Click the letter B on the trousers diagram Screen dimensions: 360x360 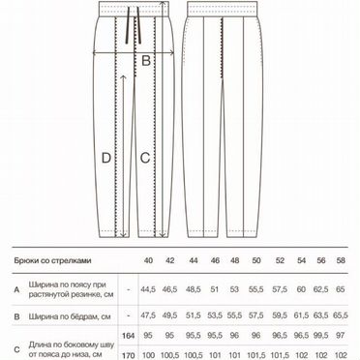[146, 60]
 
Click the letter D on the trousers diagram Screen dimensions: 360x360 [106, 158]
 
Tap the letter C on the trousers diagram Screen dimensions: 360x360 [145, 158]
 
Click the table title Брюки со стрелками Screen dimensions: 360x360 [52, 260]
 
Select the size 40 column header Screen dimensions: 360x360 [148, 260]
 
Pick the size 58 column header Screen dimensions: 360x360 [341, 260]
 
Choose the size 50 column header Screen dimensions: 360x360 [256, 260]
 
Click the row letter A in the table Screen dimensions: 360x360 [16, 289]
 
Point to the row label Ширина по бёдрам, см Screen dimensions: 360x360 [70, 316]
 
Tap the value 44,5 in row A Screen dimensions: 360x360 [148, 289]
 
